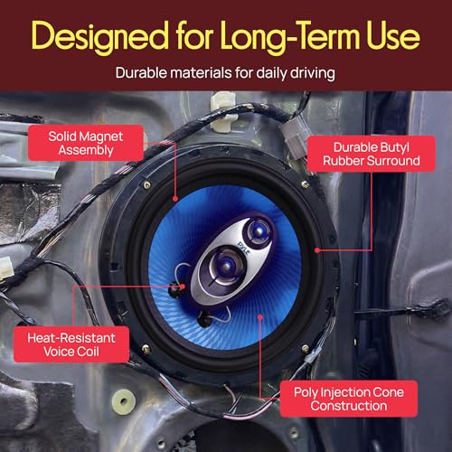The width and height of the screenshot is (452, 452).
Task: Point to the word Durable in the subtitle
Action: pos(141,73)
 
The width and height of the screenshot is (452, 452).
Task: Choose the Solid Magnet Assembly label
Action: pos(86,143)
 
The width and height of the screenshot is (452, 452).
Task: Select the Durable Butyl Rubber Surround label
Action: pos(372,154)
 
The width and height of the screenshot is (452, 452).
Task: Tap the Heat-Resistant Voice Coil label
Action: pos(71,344)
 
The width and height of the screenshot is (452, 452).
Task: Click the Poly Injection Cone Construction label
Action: pos(349,399)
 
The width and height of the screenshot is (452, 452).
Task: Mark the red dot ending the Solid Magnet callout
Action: pos(175,199)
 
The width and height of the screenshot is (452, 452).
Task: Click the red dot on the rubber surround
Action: pos(317,250)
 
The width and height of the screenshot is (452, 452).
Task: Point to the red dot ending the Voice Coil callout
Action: pos(183,287)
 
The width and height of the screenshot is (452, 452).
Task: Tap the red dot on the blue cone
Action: pos(260,316)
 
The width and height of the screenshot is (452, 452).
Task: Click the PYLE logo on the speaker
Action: pos(243,249)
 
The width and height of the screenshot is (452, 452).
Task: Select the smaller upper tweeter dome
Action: pos(259,231)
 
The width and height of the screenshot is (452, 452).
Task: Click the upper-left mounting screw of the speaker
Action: pos(147,184)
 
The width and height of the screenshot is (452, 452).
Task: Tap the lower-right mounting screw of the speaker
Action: pos(306,349)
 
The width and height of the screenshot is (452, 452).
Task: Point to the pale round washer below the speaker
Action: pos(124,400)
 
